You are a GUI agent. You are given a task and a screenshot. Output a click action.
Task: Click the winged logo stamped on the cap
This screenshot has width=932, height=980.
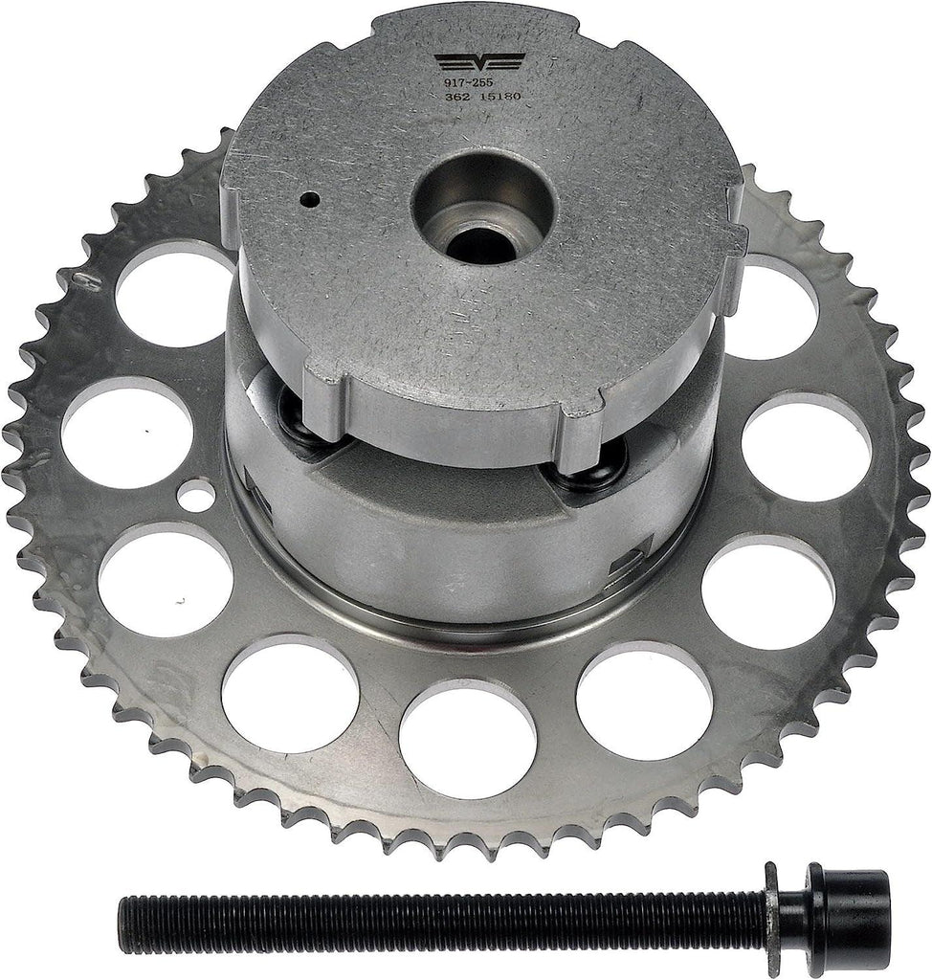477,63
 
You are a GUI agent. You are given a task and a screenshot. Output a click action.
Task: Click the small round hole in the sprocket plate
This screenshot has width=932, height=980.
196,496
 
